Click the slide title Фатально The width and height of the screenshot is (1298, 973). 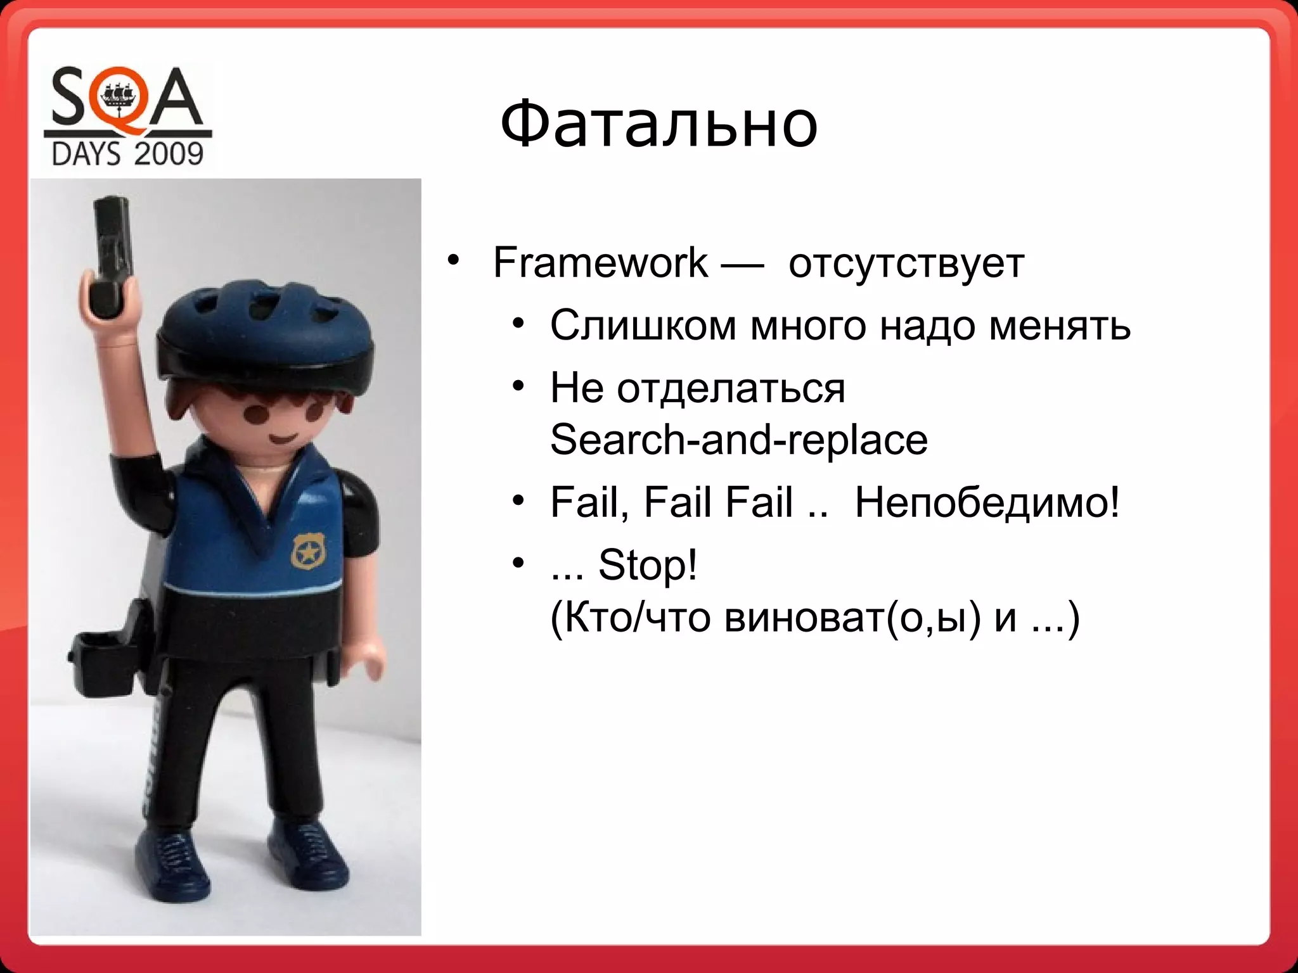(659, 124)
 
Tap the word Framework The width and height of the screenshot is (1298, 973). (600, 262)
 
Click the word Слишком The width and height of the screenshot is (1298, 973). (643, 326)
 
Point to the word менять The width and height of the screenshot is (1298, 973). (1060, 326)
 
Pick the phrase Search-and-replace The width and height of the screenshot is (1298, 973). (738, 439)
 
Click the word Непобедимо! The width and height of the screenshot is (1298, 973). (987, 502)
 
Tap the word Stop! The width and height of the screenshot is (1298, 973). (647, 564)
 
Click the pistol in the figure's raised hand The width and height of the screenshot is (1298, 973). (112, 253)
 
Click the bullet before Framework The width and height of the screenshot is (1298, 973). (452, 261)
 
